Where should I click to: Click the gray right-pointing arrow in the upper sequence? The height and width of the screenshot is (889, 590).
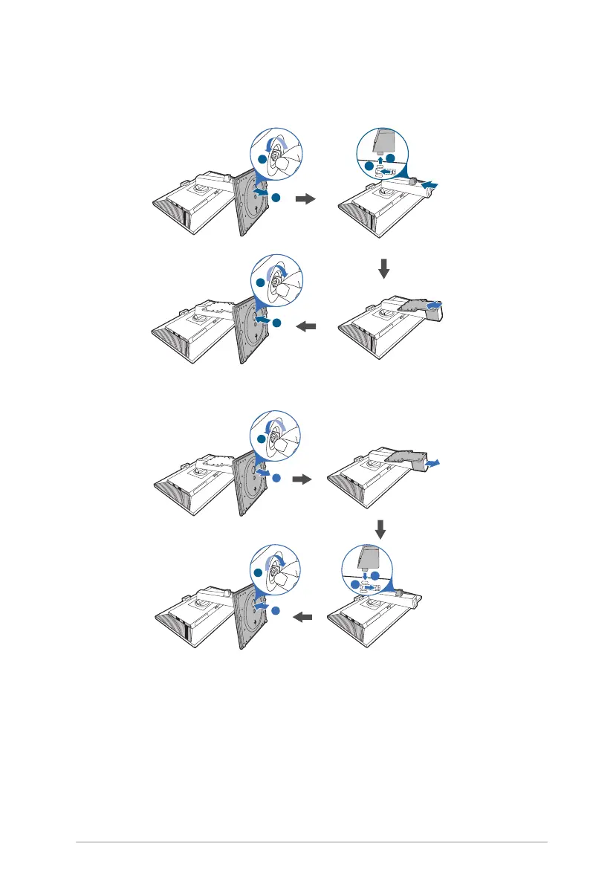tap(305, 199)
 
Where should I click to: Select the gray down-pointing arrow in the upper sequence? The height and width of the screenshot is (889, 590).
tap(384, 268)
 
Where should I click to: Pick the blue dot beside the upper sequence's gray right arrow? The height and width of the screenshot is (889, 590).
tap(276, 197)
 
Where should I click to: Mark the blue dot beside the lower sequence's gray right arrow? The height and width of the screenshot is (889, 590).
tap(276, 477)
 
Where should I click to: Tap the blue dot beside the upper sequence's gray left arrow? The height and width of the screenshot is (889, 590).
tap(276, 323)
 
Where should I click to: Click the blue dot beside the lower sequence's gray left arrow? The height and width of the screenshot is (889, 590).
tap(276, 610)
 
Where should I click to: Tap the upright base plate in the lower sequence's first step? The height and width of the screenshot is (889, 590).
tap(250, 483)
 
